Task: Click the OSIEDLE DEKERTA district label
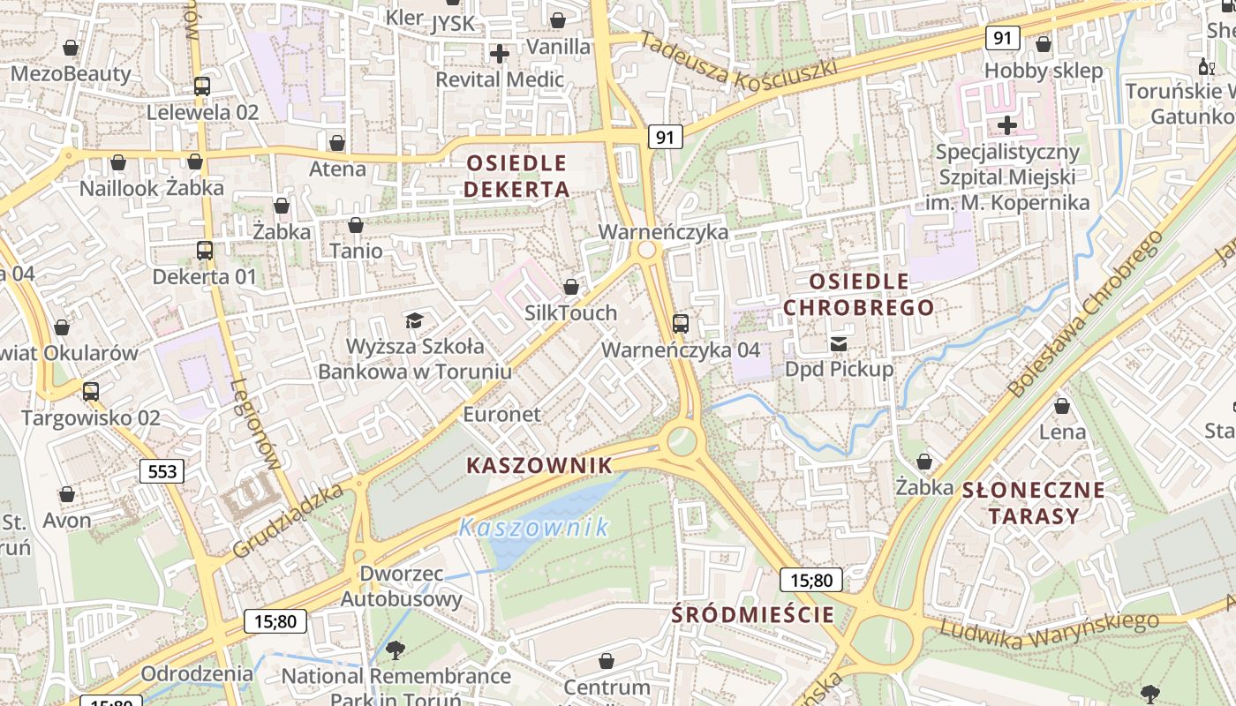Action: pos(516,176)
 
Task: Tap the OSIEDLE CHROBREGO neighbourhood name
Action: pos(858,294)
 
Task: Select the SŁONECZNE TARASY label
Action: pos(1033,502)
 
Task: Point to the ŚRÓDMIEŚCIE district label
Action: pos(753,614)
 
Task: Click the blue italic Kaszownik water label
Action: pos(533,528)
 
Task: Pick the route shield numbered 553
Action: pos(162,471)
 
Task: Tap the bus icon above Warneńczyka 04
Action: pos(680,324)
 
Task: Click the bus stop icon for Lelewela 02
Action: pos(202,86)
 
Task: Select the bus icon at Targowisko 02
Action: pos(90,392)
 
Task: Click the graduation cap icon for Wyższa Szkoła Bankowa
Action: pos(414,320)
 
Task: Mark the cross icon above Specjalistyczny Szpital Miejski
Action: pos(1006,125)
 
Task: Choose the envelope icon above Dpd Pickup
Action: pos(838,343)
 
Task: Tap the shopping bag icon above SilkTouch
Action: pos(571,287)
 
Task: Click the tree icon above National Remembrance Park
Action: pos(396,651)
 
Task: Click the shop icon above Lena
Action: pos(1062,406)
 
